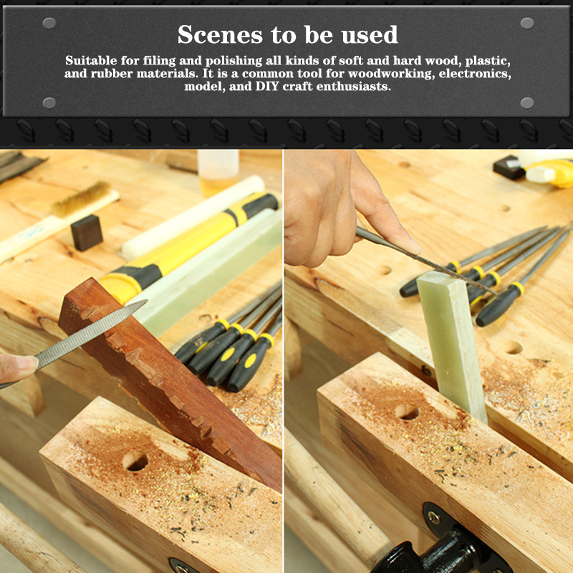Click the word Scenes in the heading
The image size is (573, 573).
[220, 34]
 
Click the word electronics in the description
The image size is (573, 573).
[475, 74]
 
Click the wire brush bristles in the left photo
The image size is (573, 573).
[81, 198]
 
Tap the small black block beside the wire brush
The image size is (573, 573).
[87, 232]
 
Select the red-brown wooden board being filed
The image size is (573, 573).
[170, 380]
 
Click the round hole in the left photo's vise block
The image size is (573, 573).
[135, 461]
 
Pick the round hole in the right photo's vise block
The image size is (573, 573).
[407, 413]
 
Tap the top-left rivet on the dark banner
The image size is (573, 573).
[49, 23]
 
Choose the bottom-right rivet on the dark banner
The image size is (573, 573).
[527, 103]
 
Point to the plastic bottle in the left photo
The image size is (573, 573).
[218, 172]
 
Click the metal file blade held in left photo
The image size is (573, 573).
[92, 334]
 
